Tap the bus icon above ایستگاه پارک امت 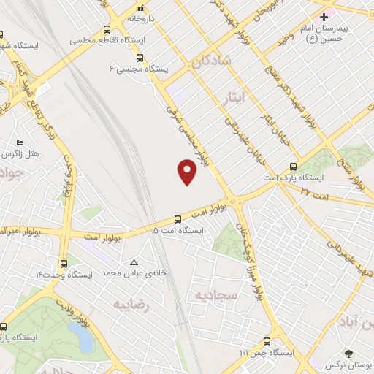[x=293, y=166]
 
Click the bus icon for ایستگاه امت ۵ [x=178, y=218]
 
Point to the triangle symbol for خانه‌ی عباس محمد [x=133, y=262]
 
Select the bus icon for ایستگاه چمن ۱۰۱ [x=267, y=341]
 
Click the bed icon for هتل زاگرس [x=20, y=142]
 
